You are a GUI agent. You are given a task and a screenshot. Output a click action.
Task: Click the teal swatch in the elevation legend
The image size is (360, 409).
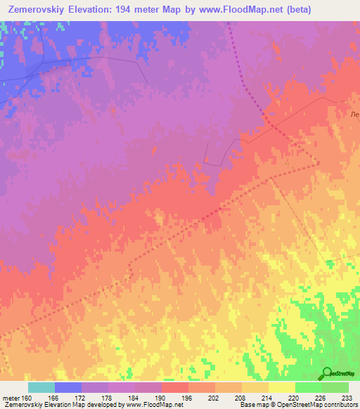[x=41, y=387]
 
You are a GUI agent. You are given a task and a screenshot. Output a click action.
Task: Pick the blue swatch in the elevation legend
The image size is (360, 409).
[x=67, y=387]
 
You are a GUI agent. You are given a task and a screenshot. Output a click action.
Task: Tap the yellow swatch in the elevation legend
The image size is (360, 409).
[x=281, y=387]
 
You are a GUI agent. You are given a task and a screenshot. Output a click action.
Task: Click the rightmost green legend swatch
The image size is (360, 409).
[x=335, y=387]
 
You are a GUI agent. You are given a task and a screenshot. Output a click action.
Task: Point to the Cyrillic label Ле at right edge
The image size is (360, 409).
[x=354, y=114]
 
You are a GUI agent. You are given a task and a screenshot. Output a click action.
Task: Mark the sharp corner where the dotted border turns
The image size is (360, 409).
[x=318, y=163]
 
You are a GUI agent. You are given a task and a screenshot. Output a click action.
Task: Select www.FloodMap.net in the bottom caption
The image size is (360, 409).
[x=150, y=405]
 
